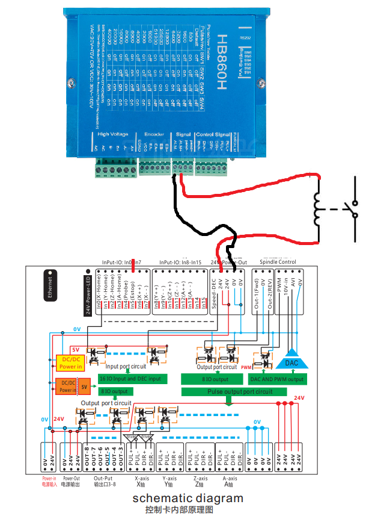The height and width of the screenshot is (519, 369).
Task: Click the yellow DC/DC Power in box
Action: click(x=70, y=362)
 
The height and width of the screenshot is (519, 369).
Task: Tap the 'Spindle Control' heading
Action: click(x=278, y=262)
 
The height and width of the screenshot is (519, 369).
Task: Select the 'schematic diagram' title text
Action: click(x=188, y=498)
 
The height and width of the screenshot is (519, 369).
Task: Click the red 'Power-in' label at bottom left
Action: click(x=49, y=479)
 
